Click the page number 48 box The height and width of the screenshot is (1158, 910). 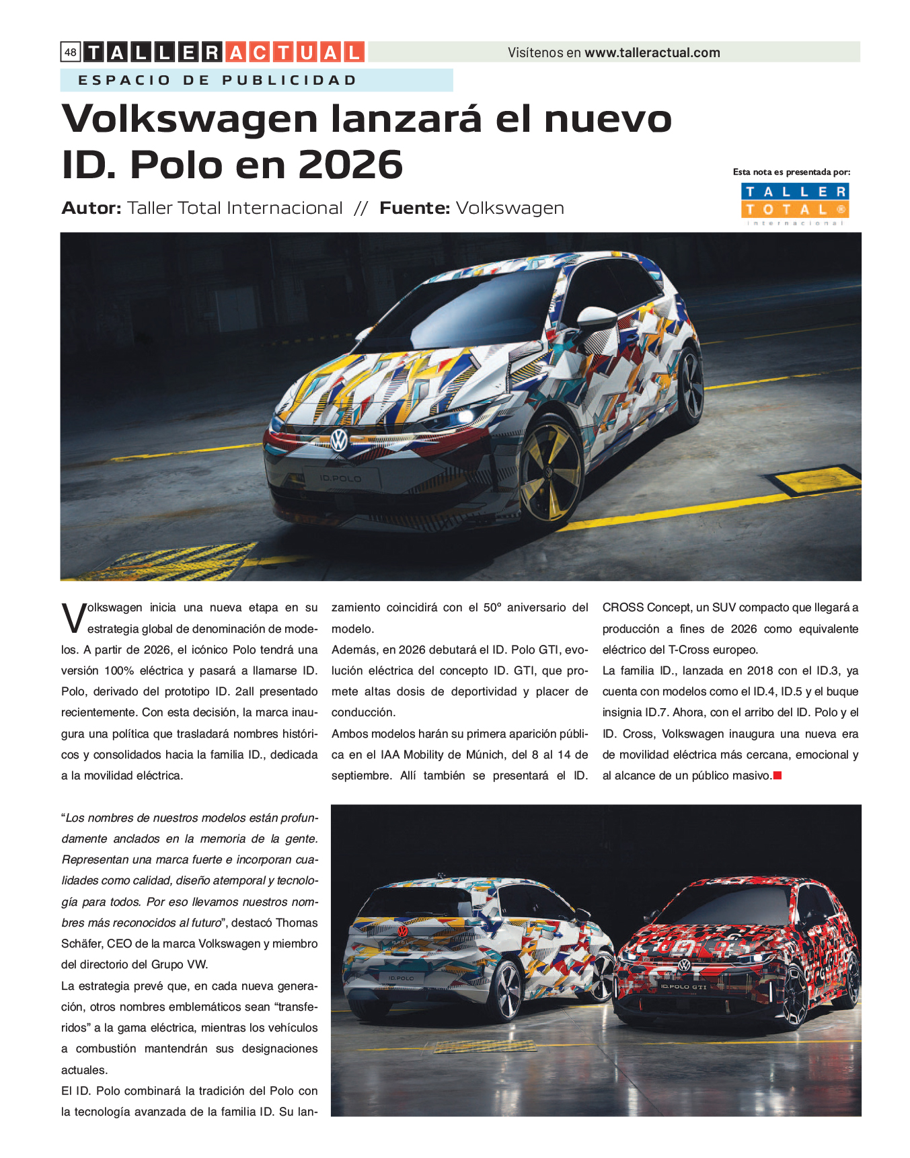click(71, 52)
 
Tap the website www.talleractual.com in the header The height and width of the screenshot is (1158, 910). click(652, 52)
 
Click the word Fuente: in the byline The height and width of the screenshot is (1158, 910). click(414, 208)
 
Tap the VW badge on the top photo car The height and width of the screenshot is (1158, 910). click(339, 440)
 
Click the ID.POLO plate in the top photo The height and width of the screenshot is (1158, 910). click(341, 479)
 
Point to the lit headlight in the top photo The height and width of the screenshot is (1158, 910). click(463, 416)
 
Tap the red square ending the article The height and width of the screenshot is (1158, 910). click(778, 775)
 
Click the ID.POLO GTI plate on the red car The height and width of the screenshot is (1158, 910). click(683, 987)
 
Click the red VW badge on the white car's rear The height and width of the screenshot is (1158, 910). click(402, 931)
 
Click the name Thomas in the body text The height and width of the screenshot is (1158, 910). click(297, 923)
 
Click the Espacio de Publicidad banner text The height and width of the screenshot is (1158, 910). click(217, 81)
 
